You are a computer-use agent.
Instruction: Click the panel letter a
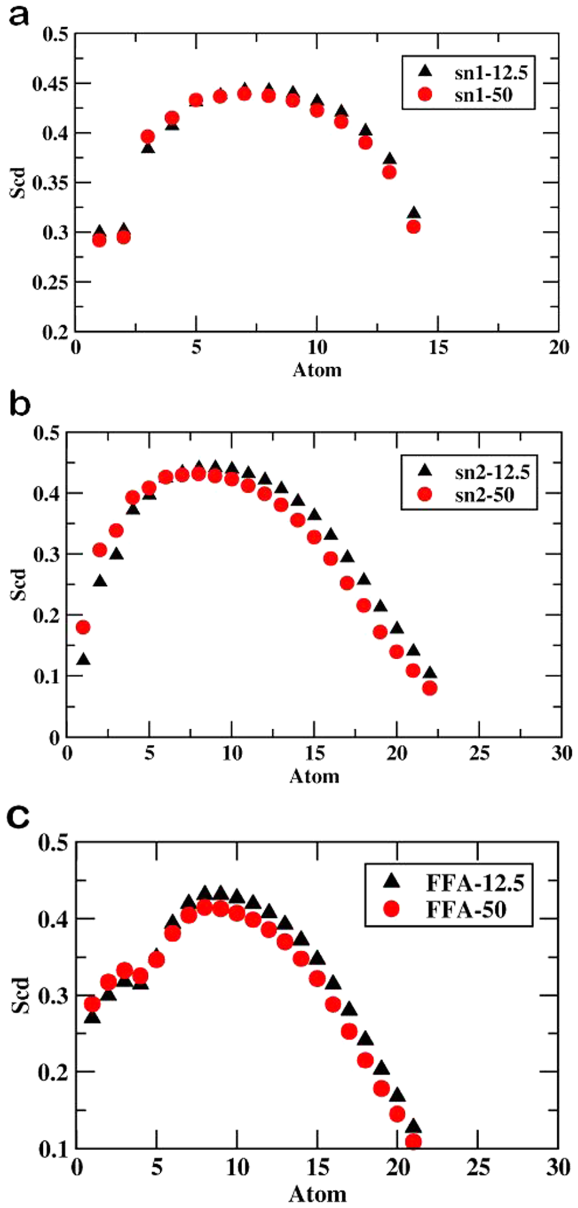[x=18, y=15]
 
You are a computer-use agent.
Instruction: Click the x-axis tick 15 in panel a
[x=438, y=348]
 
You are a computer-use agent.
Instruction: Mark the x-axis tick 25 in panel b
[x=479, y=753]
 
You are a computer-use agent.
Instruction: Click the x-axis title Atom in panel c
[x=317, y=1194]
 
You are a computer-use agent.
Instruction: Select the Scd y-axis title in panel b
[x=19, y=585]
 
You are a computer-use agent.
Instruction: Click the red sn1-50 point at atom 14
[x=413, y=227]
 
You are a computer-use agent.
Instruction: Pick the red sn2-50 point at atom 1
[x=83, y=627]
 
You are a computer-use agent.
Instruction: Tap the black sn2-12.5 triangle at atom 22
[x=429, y=673]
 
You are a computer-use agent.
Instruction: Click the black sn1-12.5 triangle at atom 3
[x=148, y=148]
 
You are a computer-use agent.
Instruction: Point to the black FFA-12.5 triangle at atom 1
[x=92, y=1017]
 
